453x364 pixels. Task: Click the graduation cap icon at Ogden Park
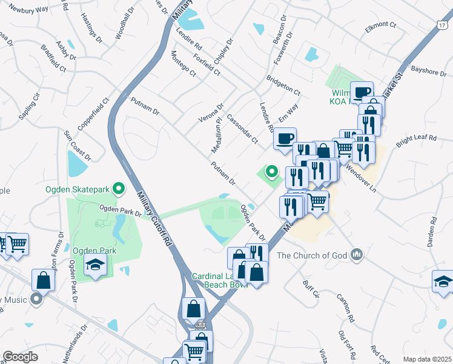pyautogui.click(x=95, y=264)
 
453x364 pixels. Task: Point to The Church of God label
pyautogui.click(x=312, y=255)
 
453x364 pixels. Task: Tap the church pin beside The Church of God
pyautogui.click(x=357, y=254)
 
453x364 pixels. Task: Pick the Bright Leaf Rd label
pyautogui.click(x=417, y=141)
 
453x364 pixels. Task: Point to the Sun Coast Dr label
pyautogui.click(x=78, y=147)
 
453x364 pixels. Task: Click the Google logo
pyautogui.click(x=20, y=357)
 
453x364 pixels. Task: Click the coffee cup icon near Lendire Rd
pyautogui.click(x=284, y=139)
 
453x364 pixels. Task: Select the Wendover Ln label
pyautogui.click(x=360, y=177)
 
